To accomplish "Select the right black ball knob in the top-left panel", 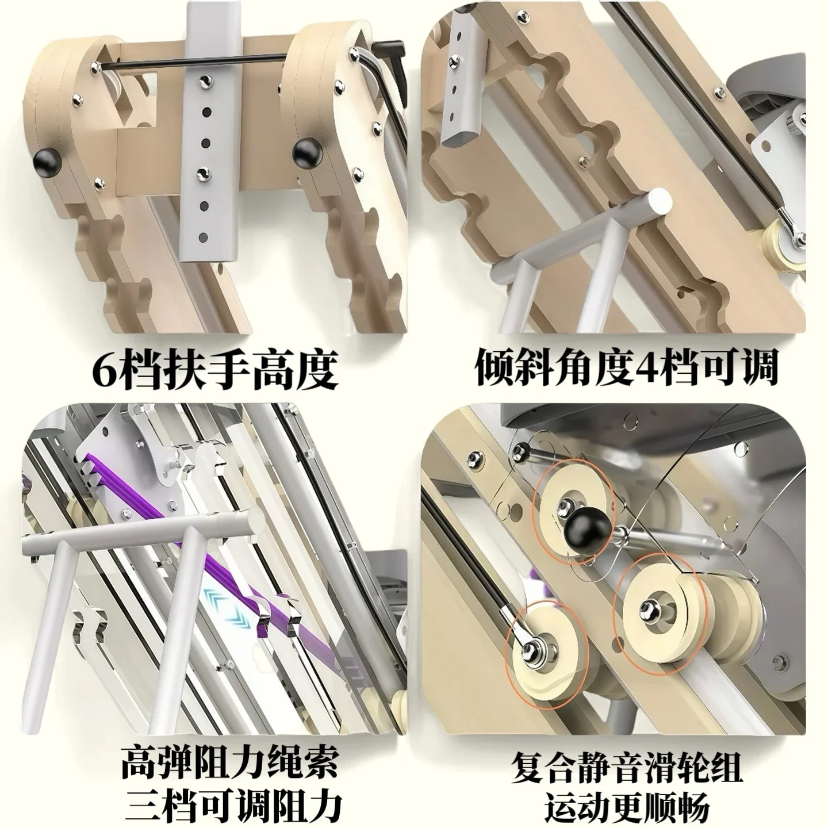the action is point(307,152).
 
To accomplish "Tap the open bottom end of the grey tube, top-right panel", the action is point(461,144).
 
